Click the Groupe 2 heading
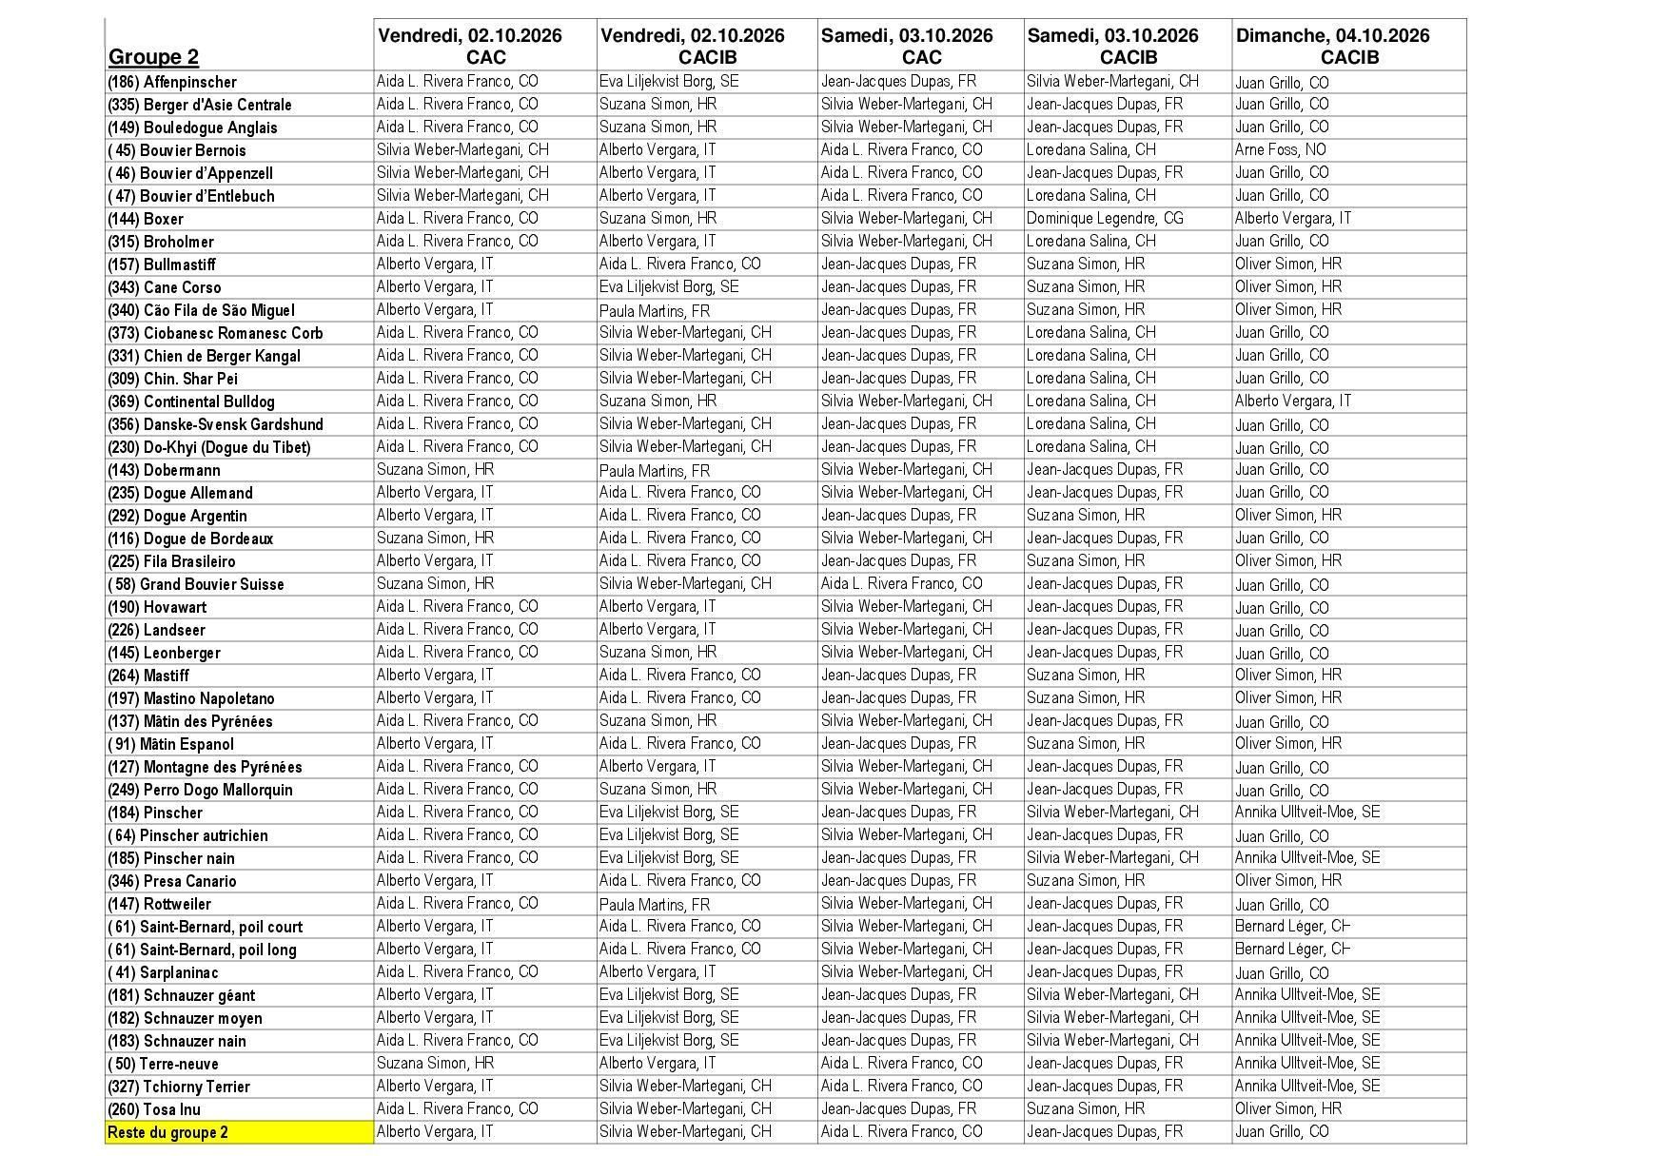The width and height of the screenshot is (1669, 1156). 154,56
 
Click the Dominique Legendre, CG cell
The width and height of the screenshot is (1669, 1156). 1105,219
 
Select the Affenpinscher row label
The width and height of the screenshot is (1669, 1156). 172,82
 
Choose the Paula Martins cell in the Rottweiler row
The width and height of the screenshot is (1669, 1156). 655,904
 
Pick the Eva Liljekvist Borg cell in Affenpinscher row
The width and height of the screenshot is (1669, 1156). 669,82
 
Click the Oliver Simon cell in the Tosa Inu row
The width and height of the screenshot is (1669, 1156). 1288,1109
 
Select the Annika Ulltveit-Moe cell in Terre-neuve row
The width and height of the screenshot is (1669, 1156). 1307,1064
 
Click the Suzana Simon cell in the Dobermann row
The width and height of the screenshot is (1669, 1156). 435,470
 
